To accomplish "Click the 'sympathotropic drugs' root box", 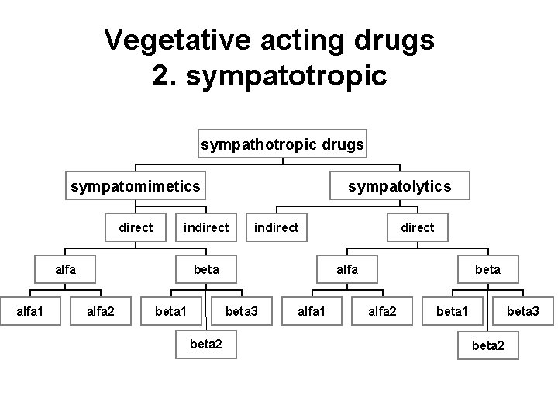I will [x=283, y=144].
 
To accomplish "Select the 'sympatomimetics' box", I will [x=136, y=186].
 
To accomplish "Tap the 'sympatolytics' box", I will [x=399, y=186].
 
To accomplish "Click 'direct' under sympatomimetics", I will [x=136, y=227].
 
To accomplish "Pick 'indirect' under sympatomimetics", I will [x=205, y=227].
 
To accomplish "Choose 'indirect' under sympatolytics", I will [x=276, y=227].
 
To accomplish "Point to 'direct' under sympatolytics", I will [x=417, y=227].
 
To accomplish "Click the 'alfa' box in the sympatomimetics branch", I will [x=65, y=269].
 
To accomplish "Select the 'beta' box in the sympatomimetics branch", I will [x=206, y=269].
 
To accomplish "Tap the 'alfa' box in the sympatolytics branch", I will [x=346, y=269].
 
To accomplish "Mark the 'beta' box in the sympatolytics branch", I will [x=487, y=269].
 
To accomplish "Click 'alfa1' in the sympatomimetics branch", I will [x=30, y=311].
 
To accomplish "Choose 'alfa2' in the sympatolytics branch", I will [x=382, y=311].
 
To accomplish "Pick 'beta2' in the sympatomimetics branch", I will [x=206, y=344].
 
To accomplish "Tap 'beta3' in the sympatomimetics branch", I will [x=241, y=311].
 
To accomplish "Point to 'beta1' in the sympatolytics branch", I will [x=453, y=311].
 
